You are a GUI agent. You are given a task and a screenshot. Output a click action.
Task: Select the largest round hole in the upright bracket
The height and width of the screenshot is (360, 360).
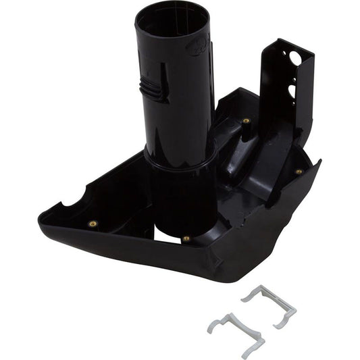(x=295, y=59)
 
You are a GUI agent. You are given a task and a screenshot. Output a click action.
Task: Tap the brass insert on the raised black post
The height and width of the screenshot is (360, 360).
(x=246, y=122)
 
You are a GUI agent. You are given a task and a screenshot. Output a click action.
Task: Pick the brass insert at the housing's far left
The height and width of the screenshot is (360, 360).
(x=93, y=224)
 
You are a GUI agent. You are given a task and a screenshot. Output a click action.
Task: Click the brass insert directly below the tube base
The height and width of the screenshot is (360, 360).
(x=186, y=238)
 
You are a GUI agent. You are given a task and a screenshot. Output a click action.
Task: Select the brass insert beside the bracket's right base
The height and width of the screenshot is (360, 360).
(x=299, y=172)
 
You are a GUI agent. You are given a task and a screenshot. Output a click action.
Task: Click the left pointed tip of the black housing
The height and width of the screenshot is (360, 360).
(x=42, y=216)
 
